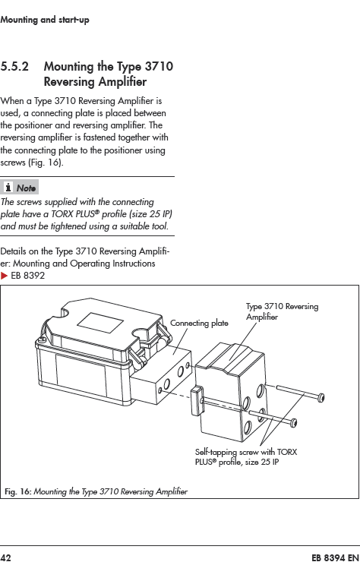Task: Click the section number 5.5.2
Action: [x=14, y=67]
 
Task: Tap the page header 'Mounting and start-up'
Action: [x=45, y=20]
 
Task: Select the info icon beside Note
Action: [x=8, y=187]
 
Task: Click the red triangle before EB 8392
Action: [x=4, y=276]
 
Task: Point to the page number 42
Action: [x=6, y=557]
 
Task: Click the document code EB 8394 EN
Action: [x=335, y=557]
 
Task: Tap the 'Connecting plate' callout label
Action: [x=199, y=324]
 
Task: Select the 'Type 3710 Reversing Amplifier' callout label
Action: [x=282, y=311]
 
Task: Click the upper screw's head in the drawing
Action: [x=321, y=397]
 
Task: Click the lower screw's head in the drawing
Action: [x=293, y=423]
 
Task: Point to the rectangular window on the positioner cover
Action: [x=100, y=322]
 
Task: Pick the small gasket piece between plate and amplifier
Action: [x=197, y=401]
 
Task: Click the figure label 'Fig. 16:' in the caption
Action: [x=18, y=491]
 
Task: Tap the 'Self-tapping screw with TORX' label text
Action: [x=246, y=453]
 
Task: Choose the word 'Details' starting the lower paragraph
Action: [x=13, y=251]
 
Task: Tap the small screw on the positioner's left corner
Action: [x=43, y=339]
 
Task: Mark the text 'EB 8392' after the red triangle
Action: [x=28, y=276]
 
